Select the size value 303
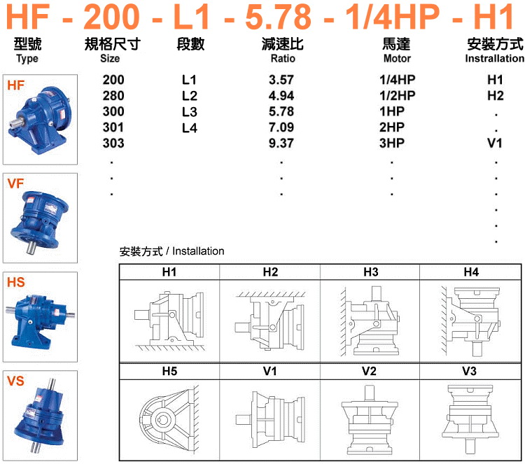[x=113, y=143]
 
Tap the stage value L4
[x=190, y=127]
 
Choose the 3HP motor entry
[x=393, y=143]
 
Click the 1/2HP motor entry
[x=397, y=95]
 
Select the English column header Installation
[x=494, y=59]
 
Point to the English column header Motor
[x=397, y=59]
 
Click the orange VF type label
[x=15, y=184]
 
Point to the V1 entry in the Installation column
[x=495, y=143]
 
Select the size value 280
[x=113, y=95]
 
